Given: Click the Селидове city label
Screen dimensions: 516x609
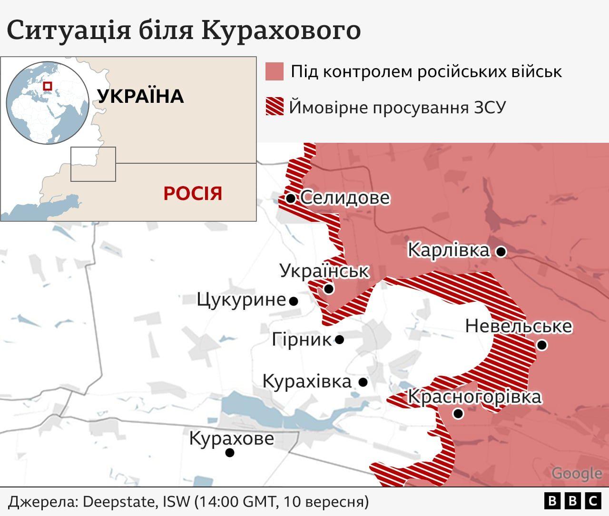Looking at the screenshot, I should click(345, 198).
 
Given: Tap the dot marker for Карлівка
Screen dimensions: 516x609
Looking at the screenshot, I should click(501, 251).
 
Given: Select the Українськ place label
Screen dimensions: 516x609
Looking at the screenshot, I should click(324, 271).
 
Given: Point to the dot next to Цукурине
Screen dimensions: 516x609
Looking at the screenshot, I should click(294, 301).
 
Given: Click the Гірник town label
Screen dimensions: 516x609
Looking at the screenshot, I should click(302, 339).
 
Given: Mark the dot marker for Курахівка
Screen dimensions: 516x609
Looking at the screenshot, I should click(363, 382).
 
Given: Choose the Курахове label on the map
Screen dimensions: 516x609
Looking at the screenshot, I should click(232, 438).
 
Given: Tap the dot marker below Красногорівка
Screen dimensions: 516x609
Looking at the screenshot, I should click(458, 414).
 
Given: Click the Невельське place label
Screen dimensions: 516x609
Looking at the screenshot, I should click(519, 326).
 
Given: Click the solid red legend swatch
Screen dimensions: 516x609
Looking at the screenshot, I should click(275, 71).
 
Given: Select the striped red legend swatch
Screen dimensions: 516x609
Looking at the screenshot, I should click(275, 107).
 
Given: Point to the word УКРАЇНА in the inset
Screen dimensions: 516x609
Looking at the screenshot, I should click(140, 97).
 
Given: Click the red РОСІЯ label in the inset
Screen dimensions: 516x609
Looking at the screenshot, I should click(193, 194).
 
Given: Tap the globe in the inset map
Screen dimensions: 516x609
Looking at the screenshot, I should click(48, 102).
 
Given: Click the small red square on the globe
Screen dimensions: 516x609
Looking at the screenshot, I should click(47, 86).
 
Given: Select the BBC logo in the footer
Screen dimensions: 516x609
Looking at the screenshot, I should click(572, 501).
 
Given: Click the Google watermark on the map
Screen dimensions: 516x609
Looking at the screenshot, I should click(577, 473).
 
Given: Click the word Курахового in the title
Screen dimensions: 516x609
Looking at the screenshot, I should click(281, 30).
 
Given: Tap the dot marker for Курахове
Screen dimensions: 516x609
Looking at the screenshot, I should click(230, 453).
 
